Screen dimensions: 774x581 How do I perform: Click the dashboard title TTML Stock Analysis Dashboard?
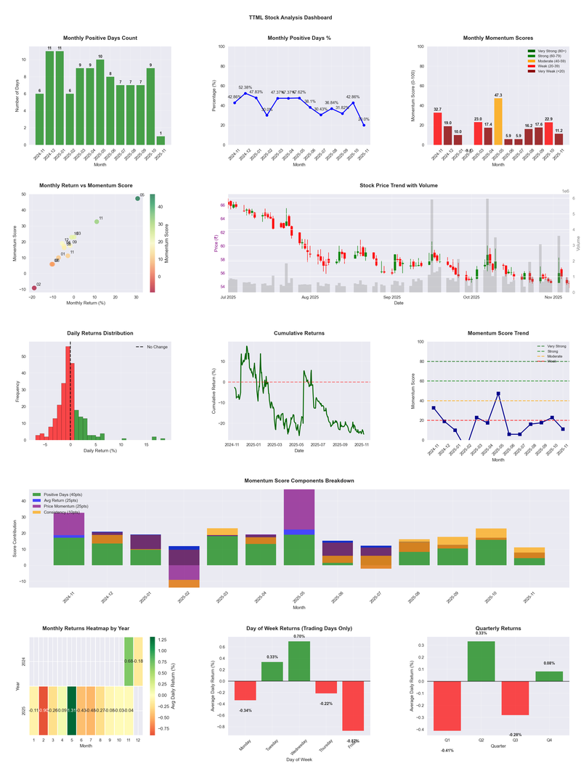(x=290, y=17)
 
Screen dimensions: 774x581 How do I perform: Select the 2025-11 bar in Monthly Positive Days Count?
(x=161, y=140)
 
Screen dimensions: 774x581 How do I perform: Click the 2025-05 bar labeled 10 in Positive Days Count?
(x=100, y=103)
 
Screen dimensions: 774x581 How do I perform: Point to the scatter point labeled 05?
(x=137, y=198)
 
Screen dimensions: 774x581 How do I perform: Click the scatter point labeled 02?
(x=33, y=288)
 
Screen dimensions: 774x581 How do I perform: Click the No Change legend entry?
(x=156, y=347)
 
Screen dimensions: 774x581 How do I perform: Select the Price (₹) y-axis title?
(x=216, y=245)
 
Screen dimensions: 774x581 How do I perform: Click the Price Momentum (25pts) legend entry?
(x=64, y=505)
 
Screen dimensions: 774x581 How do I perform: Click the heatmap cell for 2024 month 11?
(x=129, y=661)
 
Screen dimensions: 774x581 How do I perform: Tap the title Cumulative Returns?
(x=299, y=333)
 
